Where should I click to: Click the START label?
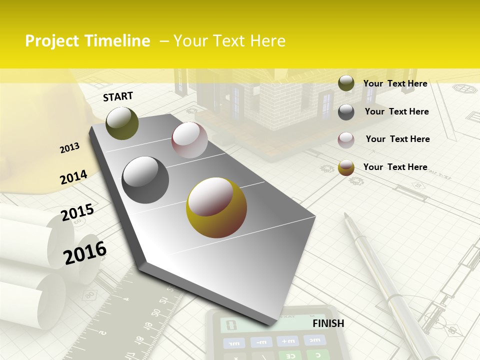[118, 96]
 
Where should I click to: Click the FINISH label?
[328, 323]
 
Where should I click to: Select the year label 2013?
[69, 148]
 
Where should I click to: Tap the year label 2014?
[73, 177]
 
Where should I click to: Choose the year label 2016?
[85, 253]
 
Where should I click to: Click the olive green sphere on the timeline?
[122, 123]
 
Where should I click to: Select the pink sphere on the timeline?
[189, 140]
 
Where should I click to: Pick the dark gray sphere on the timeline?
[145, 180]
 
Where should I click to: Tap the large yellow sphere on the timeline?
[216, 207]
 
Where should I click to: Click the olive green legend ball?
[346, 83]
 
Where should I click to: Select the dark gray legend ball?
[346, 111]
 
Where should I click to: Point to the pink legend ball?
[346, 139]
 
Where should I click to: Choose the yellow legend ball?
[346, 167]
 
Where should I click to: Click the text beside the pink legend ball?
[397, 139]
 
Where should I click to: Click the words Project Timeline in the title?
[87, 41]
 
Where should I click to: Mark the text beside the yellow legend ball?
[395, 167]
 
